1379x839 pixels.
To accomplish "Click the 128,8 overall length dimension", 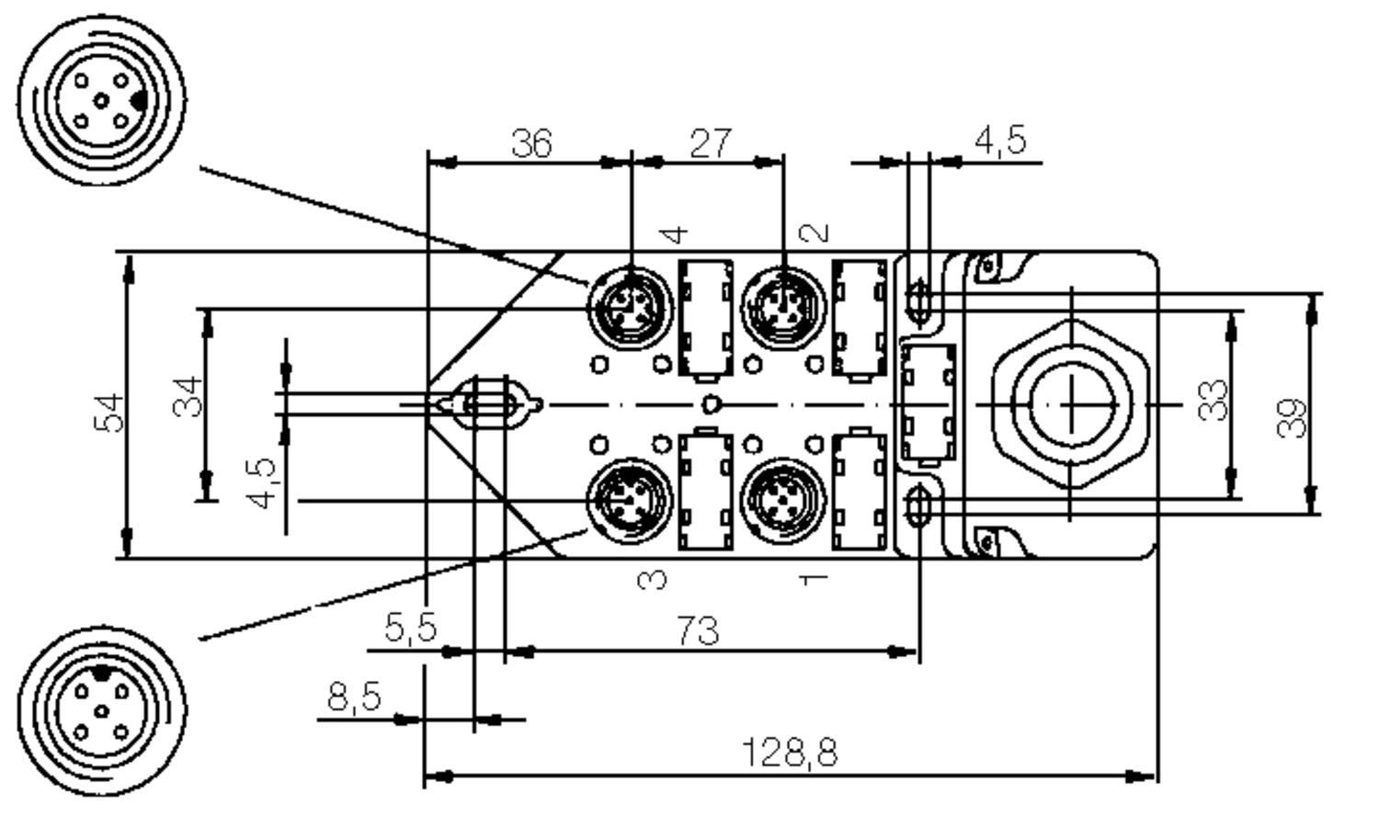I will (789, 754).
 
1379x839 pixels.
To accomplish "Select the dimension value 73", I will (698, 631).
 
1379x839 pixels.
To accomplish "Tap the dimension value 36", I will (531, 143).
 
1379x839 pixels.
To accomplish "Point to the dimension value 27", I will (711, 143).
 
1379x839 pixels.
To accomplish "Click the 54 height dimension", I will (109, 413).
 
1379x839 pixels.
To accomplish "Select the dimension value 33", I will (1214, 401).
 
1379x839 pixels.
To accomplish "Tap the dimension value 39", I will (1292, 417).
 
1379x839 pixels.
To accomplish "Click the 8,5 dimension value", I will (354, 697).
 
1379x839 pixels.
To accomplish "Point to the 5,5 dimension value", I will (410, 628).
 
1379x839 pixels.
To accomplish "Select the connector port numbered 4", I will (630, 306).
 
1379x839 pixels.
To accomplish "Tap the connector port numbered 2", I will (783, 306).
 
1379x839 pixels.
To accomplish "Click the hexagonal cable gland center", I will (1072, 404).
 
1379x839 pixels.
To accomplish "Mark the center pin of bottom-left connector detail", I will (102, 711).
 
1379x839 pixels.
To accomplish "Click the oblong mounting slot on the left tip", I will (489, 403).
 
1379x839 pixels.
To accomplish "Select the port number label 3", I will (653, 579).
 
